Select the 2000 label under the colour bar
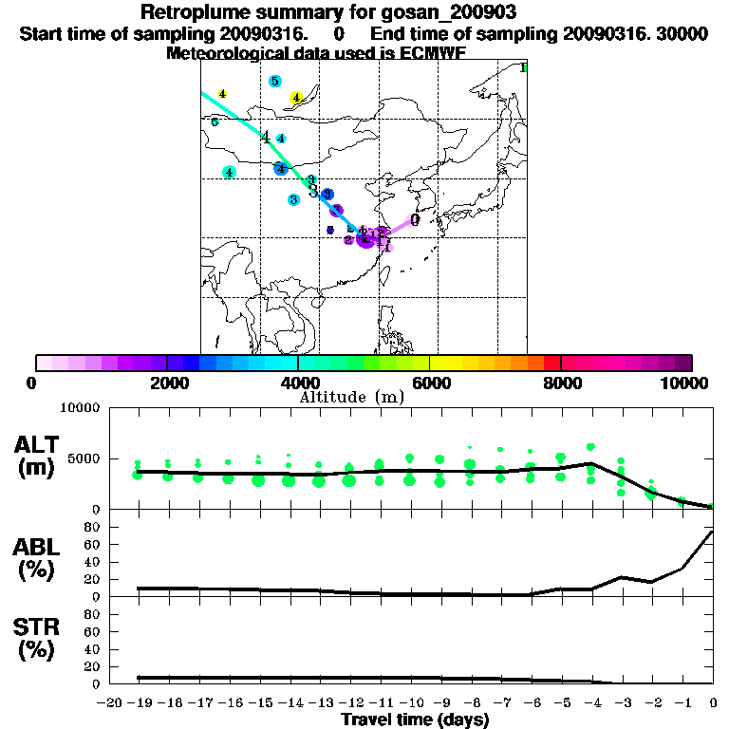pyautogui.click(x=167, y=383)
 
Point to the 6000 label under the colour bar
pyautogui.click(x=430, y=383)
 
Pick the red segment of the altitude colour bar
pyautogui.click(x=551, y=363)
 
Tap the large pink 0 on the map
pyautogui.click(x=415, y=219)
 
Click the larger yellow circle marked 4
pyautogui.click(x=296, y=97)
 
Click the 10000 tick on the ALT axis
pyautogui.click(x=80, y=408)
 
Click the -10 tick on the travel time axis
pyautogui.click(x=409, y=702)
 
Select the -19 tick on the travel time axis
pyautogui.click(x=139, y=702)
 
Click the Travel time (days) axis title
pyautogui.click(x=415, y=720)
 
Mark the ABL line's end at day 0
pyautogui.click(x=713, y=532)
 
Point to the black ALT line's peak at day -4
pyautogui.click(x=590, y=463)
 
